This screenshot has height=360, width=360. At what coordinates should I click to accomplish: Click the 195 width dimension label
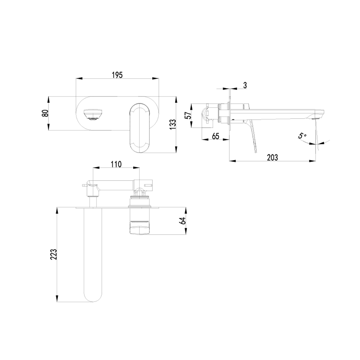click(x=117, y=75)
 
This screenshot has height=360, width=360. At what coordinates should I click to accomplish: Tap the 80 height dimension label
click(x=46, y=113)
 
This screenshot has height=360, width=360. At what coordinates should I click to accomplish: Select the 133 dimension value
click(x=173, y=124)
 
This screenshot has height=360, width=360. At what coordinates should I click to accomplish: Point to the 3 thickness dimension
click(x=245, y=85)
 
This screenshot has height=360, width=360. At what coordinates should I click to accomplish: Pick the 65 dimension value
click(x=215, y=136)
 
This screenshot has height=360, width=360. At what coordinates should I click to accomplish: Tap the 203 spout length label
click(x=272, y=157)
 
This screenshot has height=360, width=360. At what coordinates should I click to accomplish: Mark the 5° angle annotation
click(x=302, y=135)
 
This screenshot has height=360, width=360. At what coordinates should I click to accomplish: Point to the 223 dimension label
click(x=54, y=254)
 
